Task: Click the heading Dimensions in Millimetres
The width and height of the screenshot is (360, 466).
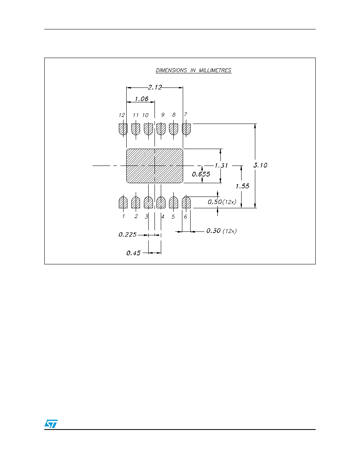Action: [x=193, y=71]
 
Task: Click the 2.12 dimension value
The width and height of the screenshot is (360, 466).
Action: [x=155, y=87]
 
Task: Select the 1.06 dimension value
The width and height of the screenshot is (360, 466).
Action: [x=142, y=99]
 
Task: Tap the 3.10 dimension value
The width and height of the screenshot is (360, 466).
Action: [x=260, y=165]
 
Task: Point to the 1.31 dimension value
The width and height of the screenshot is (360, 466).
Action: [x=221, y=166]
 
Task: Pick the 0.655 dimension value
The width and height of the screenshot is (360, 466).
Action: [x=201, y=174]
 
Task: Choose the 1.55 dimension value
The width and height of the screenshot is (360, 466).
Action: [x=242, y=186]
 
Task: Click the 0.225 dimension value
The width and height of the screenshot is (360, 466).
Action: [x=127, y=235]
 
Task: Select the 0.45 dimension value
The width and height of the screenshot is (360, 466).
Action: [x=133, y=253]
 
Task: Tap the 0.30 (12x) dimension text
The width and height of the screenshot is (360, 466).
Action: [x=222, y=231]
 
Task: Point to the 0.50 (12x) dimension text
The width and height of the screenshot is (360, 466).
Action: [x=222, y=202]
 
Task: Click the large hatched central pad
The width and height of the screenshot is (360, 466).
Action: [x=155, y=166]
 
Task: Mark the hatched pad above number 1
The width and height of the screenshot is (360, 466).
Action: [x=123, y=202]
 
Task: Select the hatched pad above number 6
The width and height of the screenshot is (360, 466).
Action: [x=186, y=202]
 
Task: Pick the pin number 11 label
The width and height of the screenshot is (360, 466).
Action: [x=135, y=115]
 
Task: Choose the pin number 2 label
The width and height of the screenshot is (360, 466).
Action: [x=136, y=217]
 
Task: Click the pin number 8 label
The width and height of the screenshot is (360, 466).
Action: [x=174, y=115]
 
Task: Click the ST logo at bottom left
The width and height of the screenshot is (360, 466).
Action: [x=51, y=424]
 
